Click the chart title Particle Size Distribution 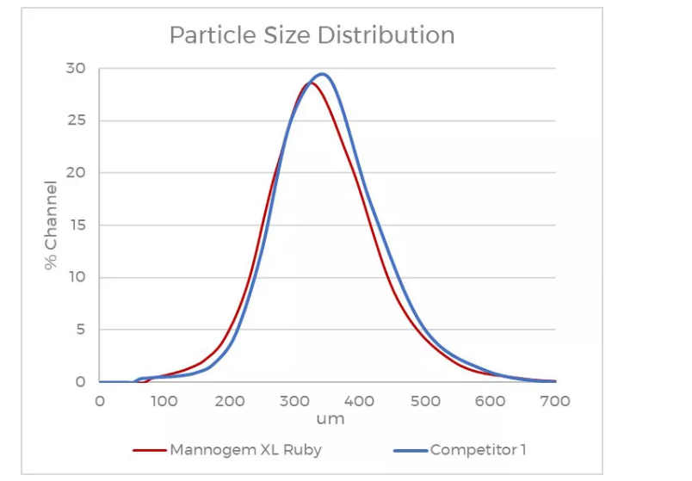(x=312, y=35)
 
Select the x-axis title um (x=330, y=419)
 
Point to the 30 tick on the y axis (x=76, y=68)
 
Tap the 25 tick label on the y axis (x=76, y=120)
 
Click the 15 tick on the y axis (x=76, y=225)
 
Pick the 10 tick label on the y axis (x=76, y=277)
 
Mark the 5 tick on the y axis (x=80, y=330)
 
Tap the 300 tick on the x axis (x=294, y=401)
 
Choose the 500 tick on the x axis (x=425, y=401)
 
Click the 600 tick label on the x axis (x=491, y=401)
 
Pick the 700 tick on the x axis (x=555, y=401)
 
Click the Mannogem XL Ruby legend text (x=245, y=450)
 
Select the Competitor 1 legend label (x=478, y=450)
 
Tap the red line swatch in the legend (x=149, y=450)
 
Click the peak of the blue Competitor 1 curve (x=322, y=74)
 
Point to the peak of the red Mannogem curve (x=309, y=83)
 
